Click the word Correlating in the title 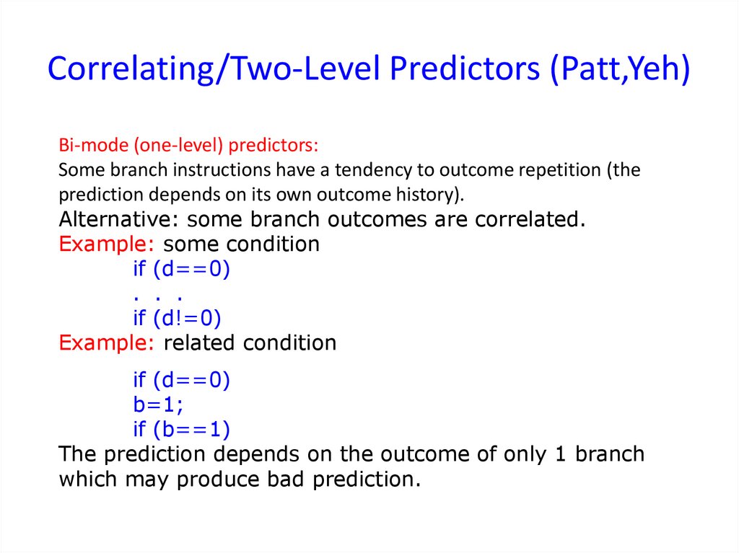coord(131,68)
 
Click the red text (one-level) coord(179,146)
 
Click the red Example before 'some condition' coord(107,244)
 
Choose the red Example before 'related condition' coord(107,343)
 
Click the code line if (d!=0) coord(178,318)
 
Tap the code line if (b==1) coord(182,429)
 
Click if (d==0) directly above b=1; coord(182,380)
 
